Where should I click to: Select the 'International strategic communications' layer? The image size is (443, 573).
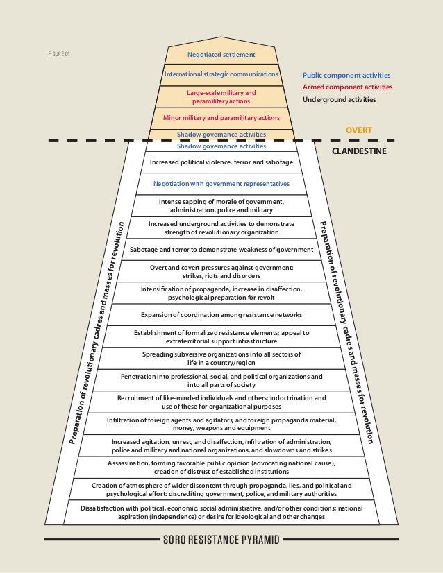[221, 74]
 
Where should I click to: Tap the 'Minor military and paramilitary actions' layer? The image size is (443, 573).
[221, 118]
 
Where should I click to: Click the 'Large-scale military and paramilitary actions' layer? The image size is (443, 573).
[221, 97]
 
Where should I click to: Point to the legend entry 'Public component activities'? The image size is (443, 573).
[346, 76]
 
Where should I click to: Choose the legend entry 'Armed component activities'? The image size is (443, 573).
[347, 87]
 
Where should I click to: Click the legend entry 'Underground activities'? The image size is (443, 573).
[339, 99]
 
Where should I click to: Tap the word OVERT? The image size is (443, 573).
[359, 130]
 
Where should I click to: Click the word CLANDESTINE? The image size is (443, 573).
[359, 151]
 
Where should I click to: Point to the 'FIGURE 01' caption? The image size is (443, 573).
[59, 54]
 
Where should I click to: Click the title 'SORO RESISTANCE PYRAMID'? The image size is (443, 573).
[221, 540]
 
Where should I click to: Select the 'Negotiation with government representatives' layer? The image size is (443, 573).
[221, 184]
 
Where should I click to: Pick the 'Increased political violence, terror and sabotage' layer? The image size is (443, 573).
[221, 162]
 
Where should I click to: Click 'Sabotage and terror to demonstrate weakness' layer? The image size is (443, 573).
[221, 250]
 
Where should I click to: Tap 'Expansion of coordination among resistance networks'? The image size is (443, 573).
[221, 315]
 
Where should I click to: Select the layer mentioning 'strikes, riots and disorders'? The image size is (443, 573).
[221, 271]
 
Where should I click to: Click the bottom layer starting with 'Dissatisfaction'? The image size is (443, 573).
[221, 513]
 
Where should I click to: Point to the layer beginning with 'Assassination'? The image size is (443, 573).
[221, 468]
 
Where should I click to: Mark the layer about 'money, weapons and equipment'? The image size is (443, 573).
[221, 424]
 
